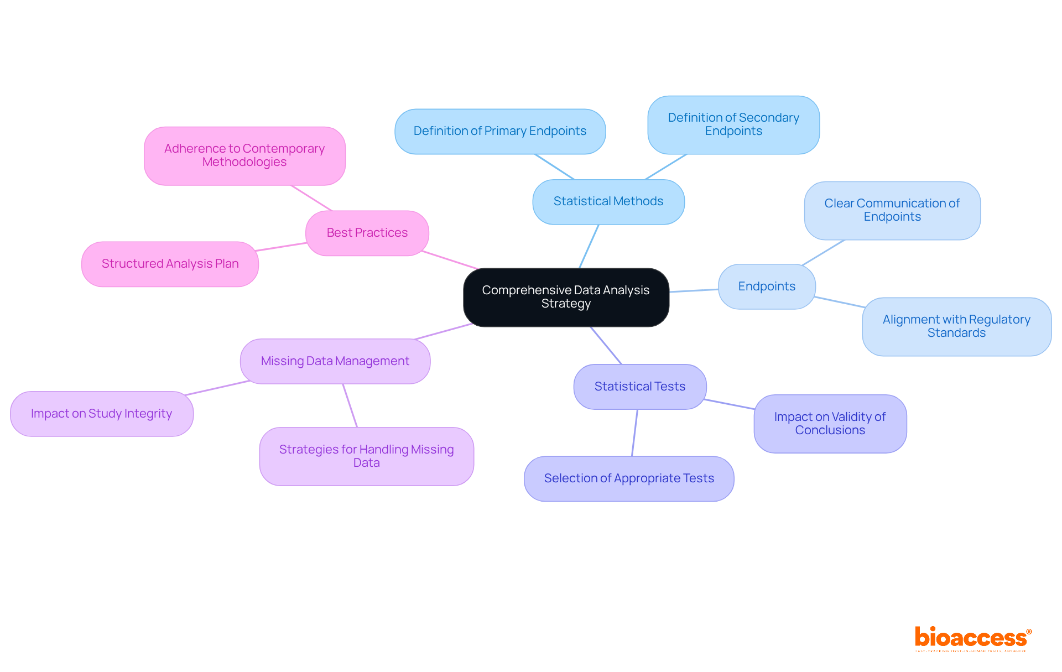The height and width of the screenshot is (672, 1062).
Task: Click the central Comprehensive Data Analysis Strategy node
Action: tap(566, 297)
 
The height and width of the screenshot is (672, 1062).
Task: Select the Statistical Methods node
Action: tap(608, 201)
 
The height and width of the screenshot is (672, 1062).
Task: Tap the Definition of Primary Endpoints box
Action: tap(499, 131)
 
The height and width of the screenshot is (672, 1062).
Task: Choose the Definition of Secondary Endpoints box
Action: tap(733, 124)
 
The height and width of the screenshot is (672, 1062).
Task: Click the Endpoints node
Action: tap(766, 286)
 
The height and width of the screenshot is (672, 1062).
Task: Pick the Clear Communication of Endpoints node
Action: tap(892, 210)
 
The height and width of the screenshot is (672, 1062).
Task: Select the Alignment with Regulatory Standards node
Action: tap(956, 326)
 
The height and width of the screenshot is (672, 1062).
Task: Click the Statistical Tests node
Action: tap(639, 387)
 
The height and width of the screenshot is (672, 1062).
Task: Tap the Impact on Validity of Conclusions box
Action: tap(830, 424)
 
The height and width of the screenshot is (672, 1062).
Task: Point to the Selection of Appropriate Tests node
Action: tap(628, 478)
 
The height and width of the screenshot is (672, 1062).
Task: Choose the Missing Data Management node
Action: tap(335, 361)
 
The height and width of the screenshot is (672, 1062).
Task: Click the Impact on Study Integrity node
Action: tap(101, 414)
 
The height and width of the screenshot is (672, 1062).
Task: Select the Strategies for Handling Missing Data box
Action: tap(366, 456)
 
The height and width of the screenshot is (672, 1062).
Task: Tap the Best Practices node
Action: tap(367, 233)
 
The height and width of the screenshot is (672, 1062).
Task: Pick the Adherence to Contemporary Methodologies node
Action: tap(244, 155)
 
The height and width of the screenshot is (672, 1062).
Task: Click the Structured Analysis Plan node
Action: tap(170, 264)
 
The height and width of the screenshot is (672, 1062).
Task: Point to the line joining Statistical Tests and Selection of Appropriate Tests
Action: tap(634, 433)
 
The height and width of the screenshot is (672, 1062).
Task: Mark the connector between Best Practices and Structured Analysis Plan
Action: tap(282, 247)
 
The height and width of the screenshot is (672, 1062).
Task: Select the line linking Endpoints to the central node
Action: tap(694, 290)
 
